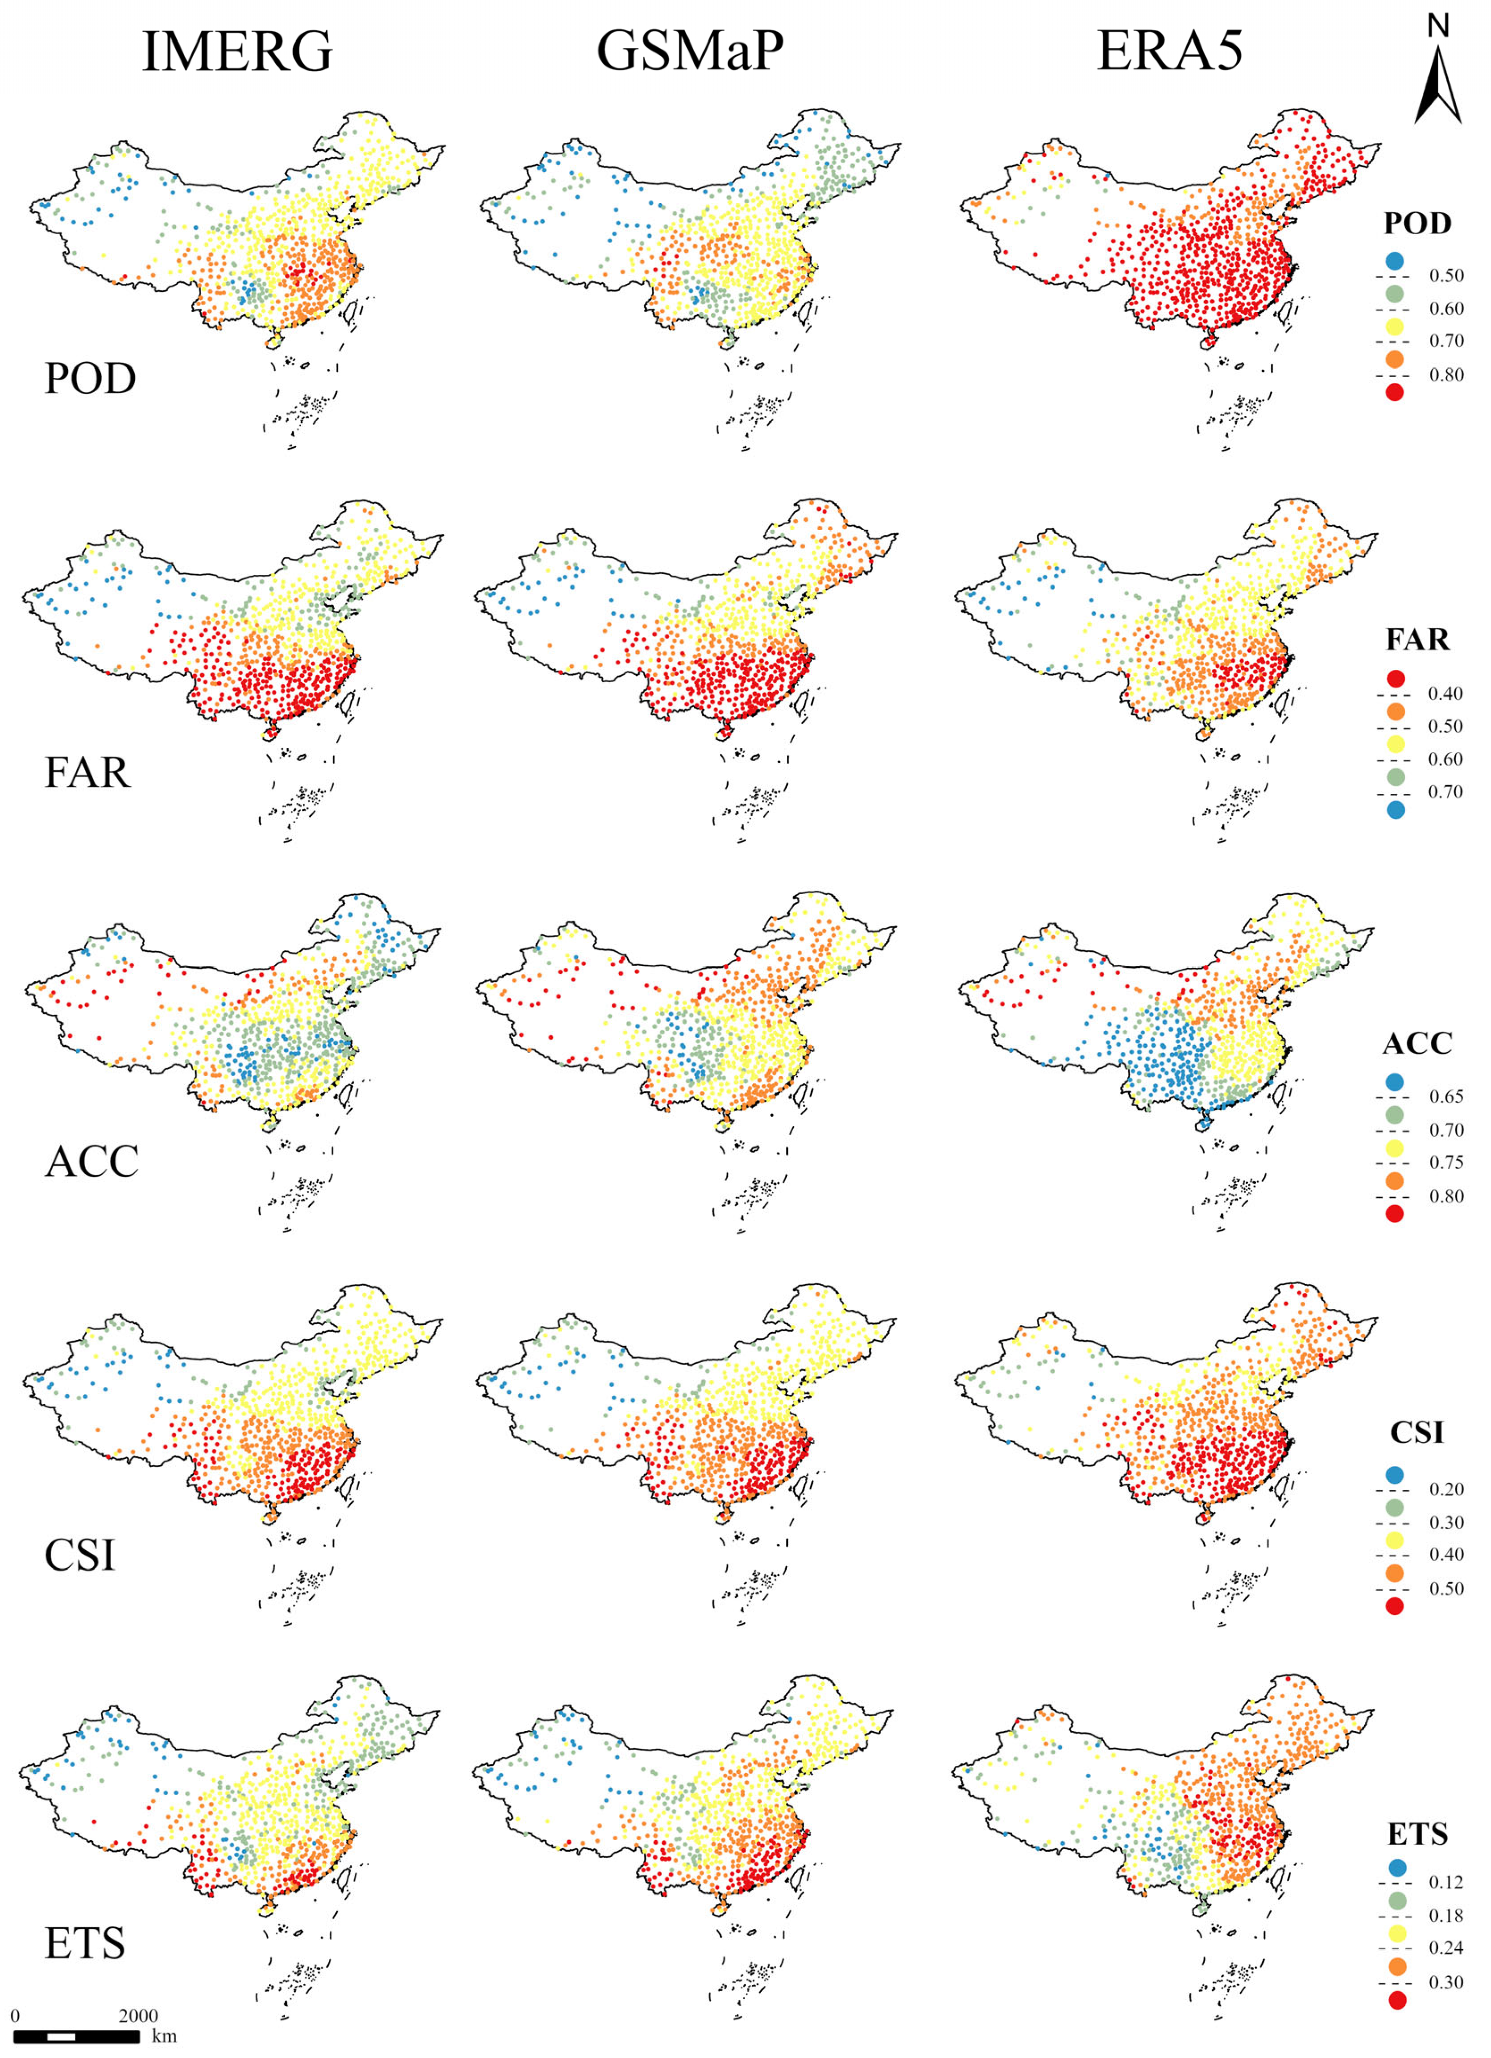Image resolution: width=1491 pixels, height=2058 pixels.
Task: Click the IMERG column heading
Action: [x=238, y=52]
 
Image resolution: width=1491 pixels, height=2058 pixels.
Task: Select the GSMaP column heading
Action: [x=690, y=52]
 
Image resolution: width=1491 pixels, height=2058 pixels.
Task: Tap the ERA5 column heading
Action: [x=1170, y=52]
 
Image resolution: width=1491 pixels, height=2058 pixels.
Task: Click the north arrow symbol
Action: [x=1437, y=86]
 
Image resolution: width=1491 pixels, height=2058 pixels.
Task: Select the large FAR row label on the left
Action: [x=87, y=773]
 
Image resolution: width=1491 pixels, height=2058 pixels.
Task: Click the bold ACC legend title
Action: [x=1416, y=1045]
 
